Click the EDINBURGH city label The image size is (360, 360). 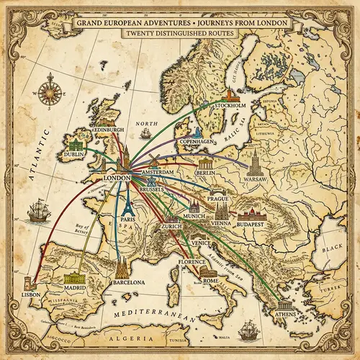point(108,130)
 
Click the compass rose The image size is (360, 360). point(50,91)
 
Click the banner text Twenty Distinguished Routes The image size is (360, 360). point(180,33)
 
